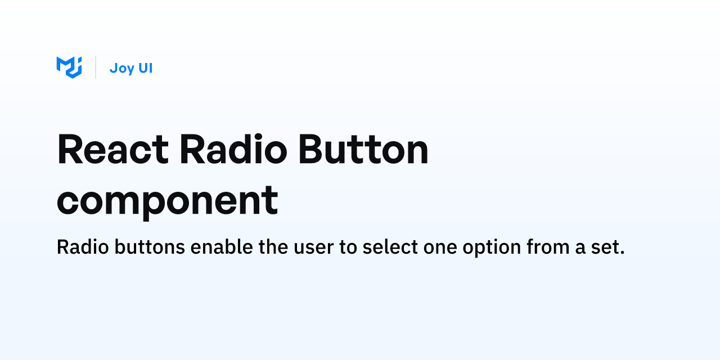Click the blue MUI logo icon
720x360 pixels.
pyautogui.click(x=69, y=67)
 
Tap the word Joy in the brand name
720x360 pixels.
pyautogui.click(x=122, y=69)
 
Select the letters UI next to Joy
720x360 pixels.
pyautogui.click(x=145, y=68)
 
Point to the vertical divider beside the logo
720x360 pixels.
pyautogui.click(x=96, y=67)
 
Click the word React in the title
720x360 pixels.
pyautogui.click(x=113, y=149)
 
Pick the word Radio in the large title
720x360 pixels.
pyautogui.click(x=233, y=149)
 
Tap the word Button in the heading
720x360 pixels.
pyautogui.click(x=363, y=149)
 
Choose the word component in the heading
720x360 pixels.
pyautogui.click(x=167, y=201)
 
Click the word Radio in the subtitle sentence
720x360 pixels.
pyautogui.click(x=83, y=247)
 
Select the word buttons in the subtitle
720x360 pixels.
pyautogui.click(x=150, y=247)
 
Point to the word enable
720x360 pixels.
pyautogui.click(x=222, y=247)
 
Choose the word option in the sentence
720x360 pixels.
pyautogui.click(x=492, y=247)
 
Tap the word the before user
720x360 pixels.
pyautogui.click(x=273, y=247)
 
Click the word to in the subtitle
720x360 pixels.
pyautogui.click(x=348, y=247)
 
